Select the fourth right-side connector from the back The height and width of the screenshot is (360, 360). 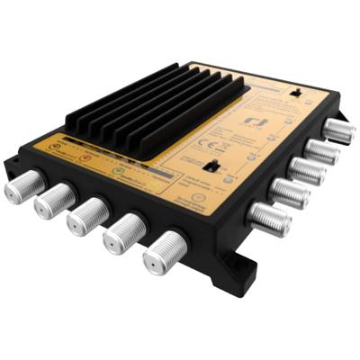288,192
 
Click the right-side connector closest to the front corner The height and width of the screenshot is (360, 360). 267,216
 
